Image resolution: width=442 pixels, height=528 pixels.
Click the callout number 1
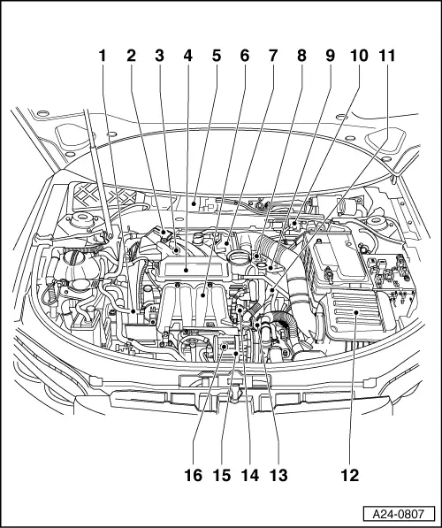tap(103, 56)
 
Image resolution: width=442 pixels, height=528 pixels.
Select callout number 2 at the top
tap(131, 56)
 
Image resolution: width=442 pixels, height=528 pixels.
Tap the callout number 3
tap(159, 56)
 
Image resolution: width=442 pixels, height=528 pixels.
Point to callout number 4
tap(187, 56)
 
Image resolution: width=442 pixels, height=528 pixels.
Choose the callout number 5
tap(216, 56)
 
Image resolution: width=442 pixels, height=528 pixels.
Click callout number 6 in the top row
tap(244, 56)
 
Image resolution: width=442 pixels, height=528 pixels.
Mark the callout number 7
tap(272, 56)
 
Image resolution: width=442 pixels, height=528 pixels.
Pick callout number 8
tap(301, 56)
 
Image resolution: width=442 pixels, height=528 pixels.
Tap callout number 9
tap(329, 56)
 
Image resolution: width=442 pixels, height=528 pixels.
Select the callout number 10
tap(359, 56)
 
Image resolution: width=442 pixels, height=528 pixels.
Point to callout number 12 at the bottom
tap(350, 475)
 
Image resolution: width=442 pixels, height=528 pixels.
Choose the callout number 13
tap(278, 475)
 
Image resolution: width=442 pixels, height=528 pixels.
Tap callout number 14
tap(250, 475)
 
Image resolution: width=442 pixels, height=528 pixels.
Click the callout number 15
tap(222, 475)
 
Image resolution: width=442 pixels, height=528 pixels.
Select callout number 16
tap(193, 475)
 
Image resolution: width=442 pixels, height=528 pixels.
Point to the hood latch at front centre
tap(235, 394)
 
